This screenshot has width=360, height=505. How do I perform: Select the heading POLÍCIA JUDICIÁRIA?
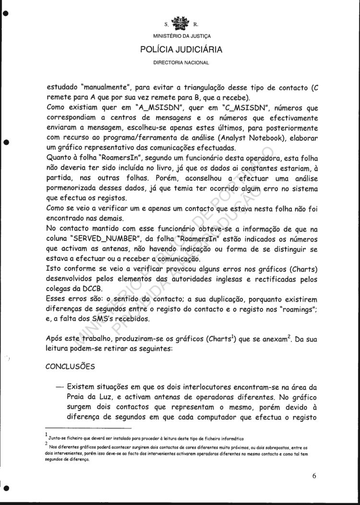(181, 49)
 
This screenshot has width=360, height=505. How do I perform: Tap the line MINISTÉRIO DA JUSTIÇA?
(181, 36)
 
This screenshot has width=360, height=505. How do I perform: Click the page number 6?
(313, 476)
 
